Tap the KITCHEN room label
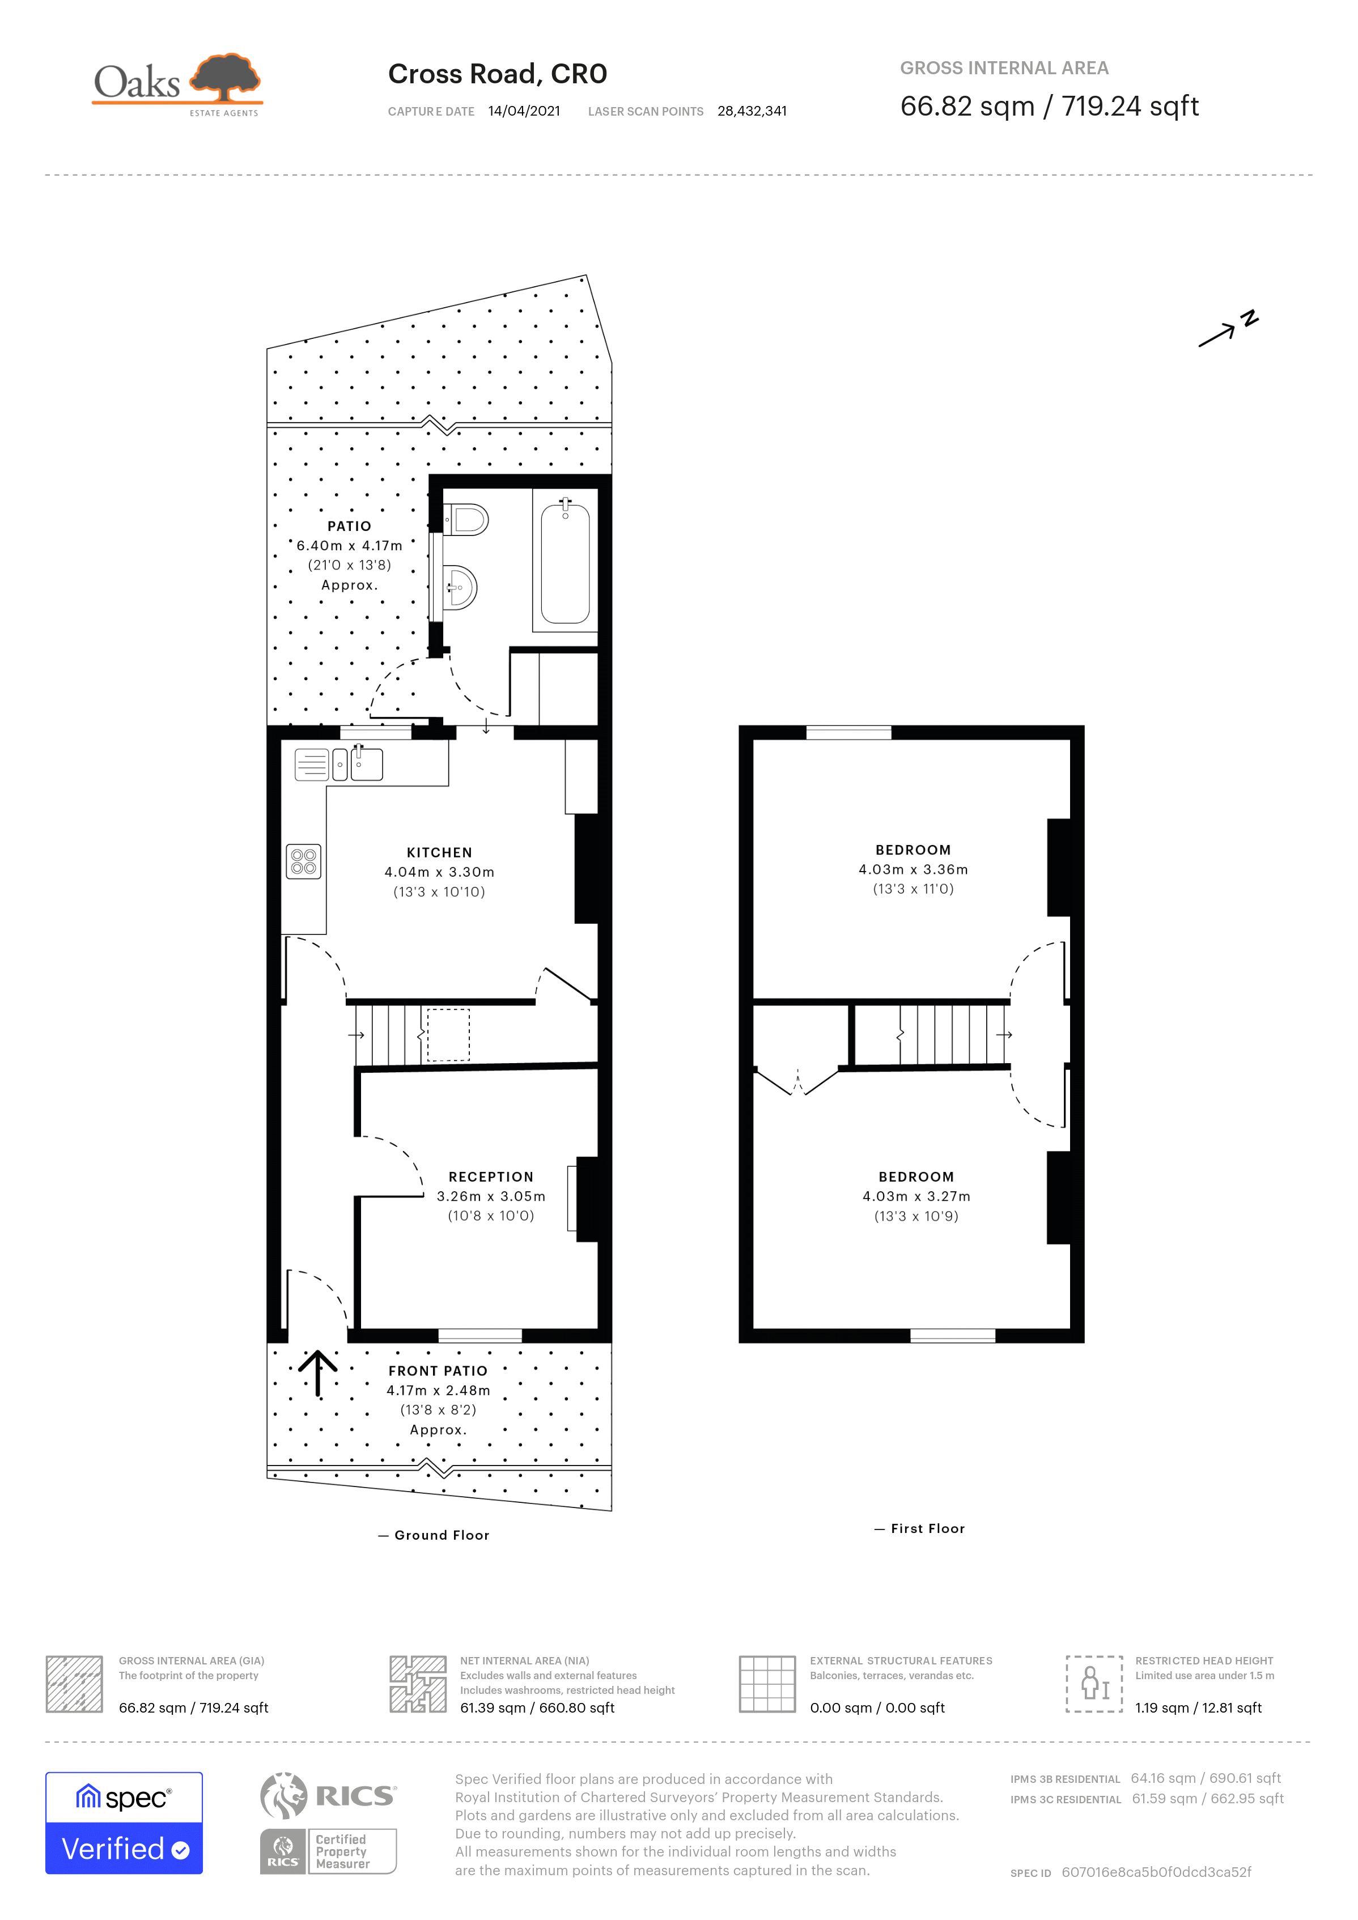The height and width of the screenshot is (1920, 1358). tap(439, 852)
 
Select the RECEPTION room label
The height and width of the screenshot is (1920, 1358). tap(491, 1176)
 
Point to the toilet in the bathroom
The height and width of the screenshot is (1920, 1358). tap(466, 519)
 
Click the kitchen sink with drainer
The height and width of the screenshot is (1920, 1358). tap(339, 763)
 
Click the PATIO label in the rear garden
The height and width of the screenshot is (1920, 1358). tap(349, 526)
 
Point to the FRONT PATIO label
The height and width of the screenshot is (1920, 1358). tap(438, 1371)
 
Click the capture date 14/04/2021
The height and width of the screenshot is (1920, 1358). tap(524, 111)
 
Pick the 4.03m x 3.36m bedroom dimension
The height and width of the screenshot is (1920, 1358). tap(913, 870)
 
